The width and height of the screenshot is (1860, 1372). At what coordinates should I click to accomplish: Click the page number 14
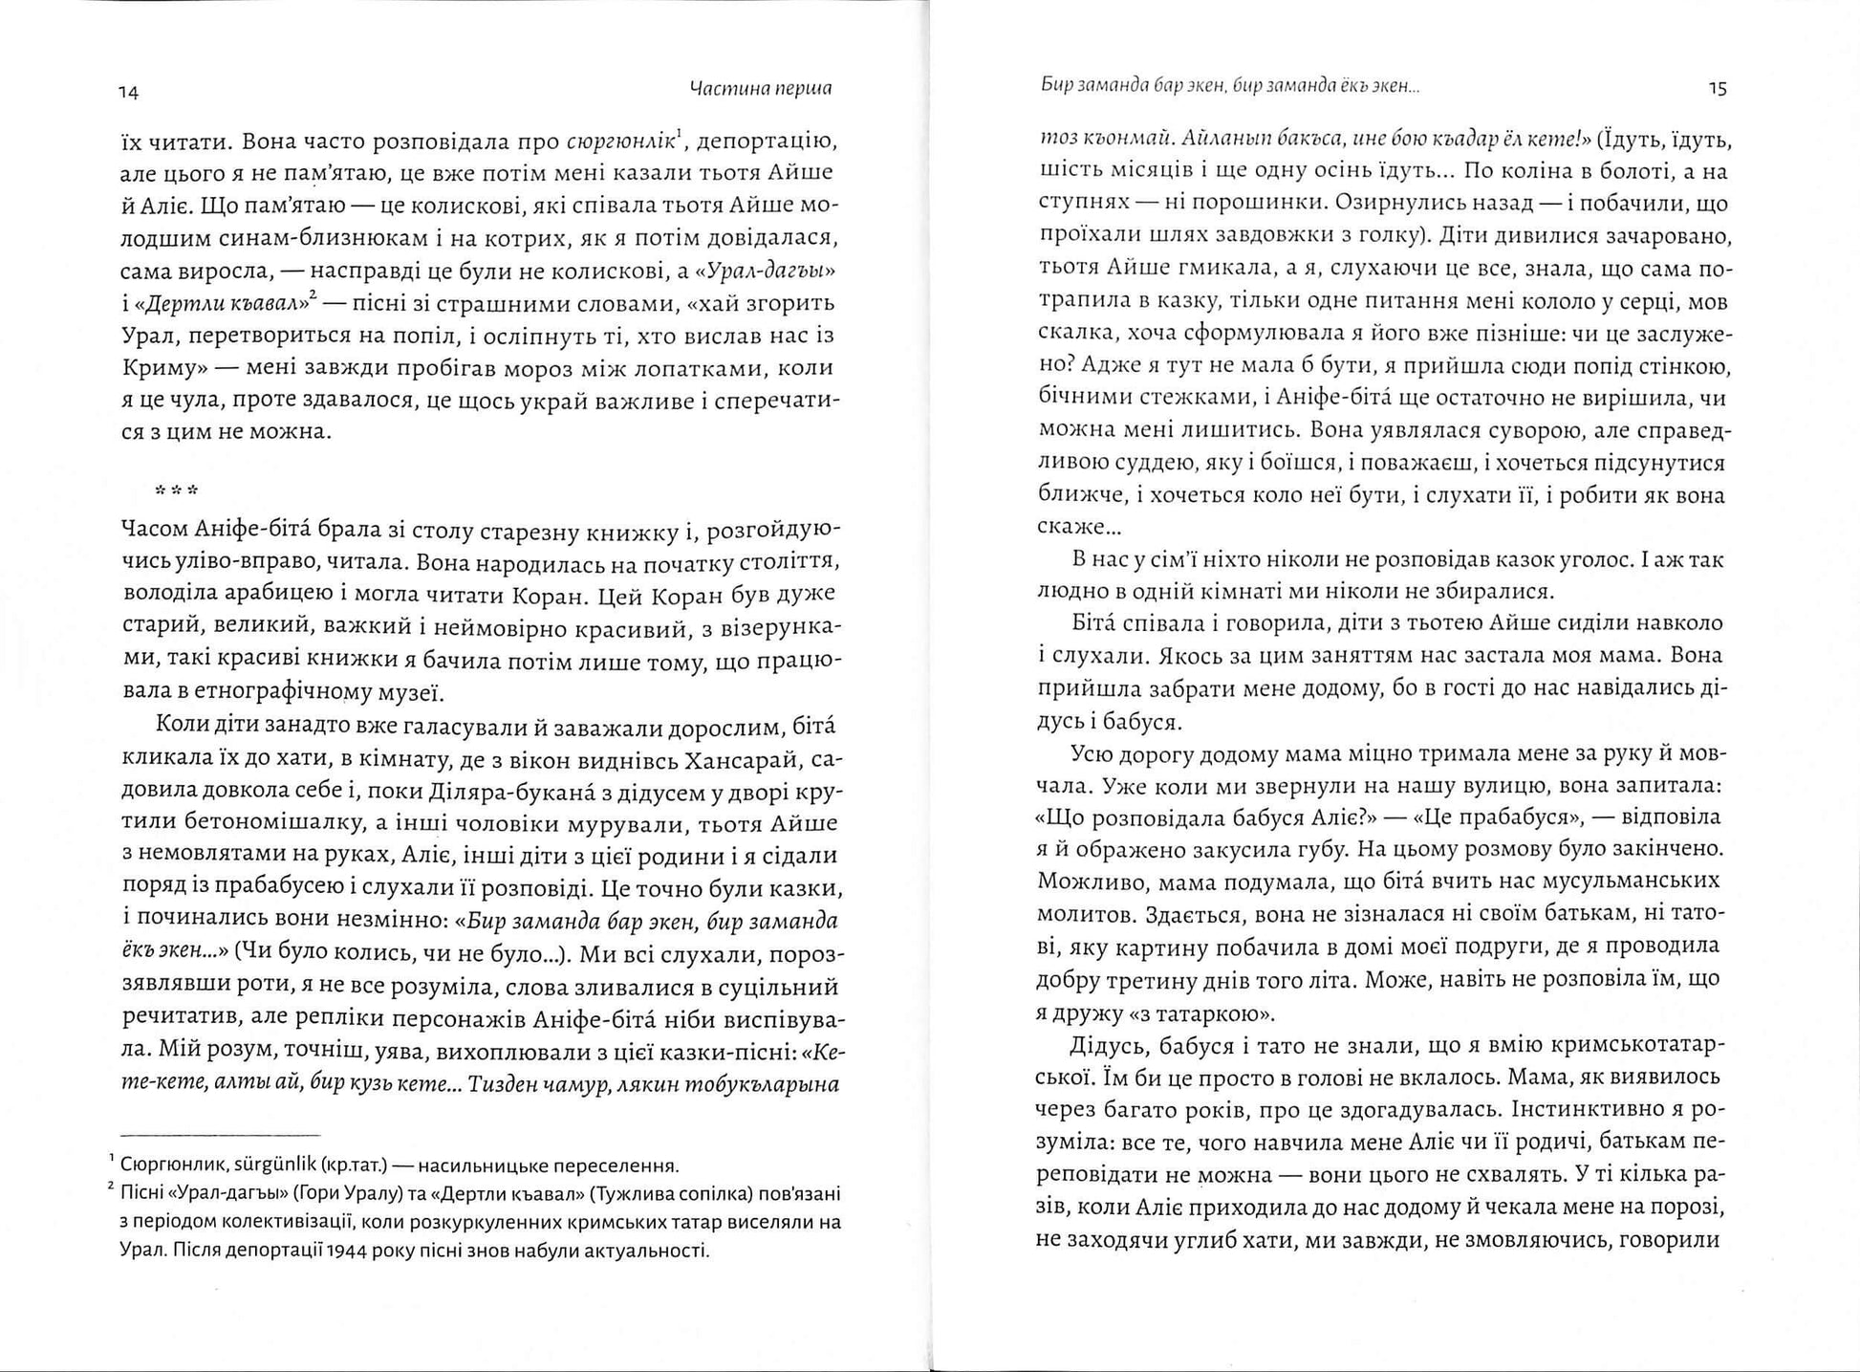point(129,93)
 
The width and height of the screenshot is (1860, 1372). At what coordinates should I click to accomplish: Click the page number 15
point(1717,89)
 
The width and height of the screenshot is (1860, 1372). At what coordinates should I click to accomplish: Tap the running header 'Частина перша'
point(760,89)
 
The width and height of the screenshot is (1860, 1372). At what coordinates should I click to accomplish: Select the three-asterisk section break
point(178,491)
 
